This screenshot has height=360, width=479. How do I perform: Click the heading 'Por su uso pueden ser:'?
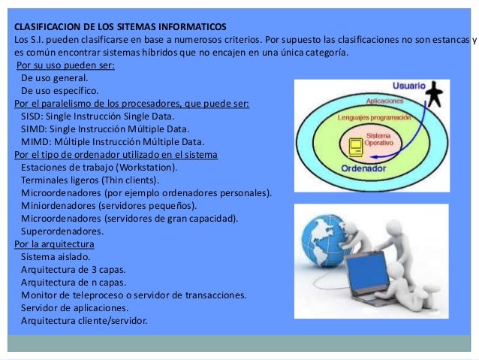[65, 65]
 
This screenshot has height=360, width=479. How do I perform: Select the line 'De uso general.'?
[55, 77]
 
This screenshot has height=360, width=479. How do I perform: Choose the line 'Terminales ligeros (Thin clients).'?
[90, 180]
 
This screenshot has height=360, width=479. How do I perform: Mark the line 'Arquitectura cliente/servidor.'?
[85, 320]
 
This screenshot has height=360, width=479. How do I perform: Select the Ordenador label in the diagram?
[342, 169]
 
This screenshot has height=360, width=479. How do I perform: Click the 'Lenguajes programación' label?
[372, 118]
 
